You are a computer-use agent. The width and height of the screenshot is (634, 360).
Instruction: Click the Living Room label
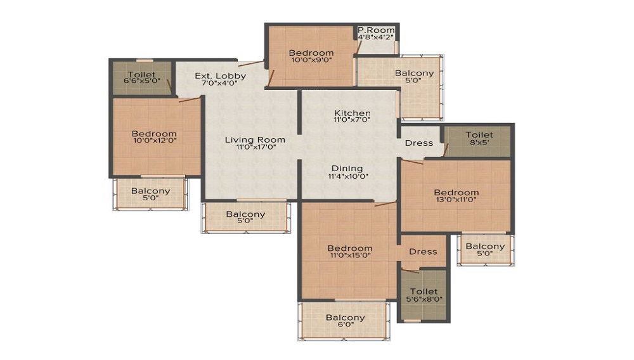(x=255, y=140)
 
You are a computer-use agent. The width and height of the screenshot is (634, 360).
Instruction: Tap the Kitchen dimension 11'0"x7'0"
(x=352, y=120)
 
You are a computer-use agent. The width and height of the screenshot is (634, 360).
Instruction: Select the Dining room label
(x=347, y=169)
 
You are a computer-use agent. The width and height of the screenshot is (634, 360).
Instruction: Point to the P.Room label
(x=376, y=30)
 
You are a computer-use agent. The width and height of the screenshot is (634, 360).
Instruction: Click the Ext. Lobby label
(x=221, y=76)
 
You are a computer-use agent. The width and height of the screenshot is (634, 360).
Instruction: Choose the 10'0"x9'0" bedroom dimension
(x=311, y=60)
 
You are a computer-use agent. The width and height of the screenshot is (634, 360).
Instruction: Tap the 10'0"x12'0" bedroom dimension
(x=155, y=141)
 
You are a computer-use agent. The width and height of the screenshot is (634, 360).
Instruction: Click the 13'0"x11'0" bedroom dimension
(x=456, y=199)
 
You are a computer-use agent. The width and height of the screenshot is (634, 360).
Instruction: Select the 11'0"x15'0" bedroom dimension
(x=350, y=255)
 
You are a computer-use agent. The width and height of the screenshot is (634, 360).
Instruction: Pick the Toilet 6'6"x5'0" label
(x=141, y=77)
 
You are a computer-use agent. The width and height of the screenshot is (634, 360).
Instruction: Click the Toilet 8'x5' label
(x=479, y=138)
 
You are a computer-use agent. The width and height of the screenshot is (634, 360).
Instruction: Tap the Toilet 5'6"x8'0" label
(x=424, y=295)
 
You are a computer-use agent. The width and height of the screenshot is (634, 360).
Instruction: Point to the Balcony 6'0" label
(x=346, y=321)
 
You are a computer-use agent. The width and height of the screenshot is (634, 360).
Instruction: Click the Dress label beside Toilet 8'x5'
(x=419, y=143)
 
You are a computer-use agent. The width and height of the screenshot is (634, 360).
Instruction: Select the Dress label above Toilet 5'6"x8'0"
(x=423, y=252)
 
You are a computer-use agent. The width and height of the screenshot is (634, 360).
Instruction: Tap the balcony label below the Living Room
(x=245, y=217)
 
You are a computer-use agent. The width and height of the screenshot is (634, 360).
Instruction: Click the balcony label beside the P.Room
(x=414, y=76)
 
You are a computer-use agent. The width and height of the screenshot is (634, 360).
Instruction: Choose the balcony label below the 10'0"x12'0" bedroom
(x=150, y=195)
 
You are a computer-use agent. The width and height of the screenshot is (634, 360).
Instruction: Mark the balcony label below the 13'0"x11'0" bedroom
(x=485, y=250)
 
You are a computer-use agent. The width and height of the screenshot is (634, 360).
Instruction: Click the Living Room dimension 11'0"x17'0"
(x=256, y=147)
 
